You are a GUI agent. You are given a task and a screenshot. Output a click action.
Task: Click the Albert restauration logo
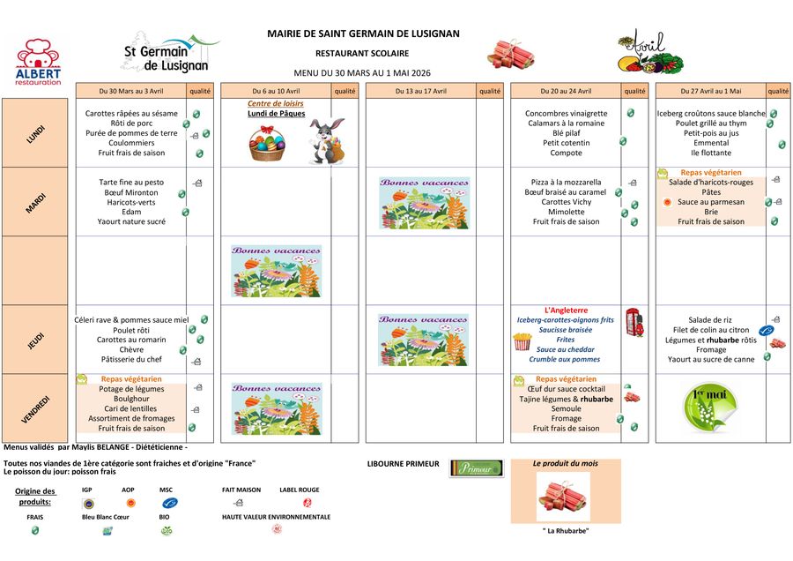click(38, 62)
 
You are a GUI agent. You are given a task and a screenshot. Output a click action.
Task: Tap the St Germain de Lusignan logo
click(167, 53)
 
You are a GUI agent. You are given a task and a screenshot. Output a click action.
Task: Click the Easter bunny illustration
click(325, 140)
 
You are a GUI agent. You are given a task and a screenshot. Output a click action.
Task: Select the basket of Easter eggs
click(268, 144)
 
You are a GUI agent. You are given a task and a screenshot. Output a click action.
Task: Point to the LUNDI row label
click(36, 133)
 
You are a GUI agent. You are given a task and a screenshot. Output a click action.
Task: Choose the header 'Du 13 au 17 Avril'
click(421, 91)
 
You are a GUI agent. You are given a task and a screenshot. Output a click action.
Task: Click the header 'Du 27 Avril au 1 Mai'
click(710, 91)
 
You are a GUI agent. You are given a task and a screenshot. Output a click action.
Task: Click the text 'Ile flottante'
click(710, 153)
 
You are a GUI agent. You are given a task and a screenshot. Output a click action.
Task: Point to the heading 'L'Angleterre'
click(566, 310)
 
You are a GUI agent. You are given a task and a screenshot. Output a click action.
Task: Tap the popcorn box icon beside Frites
click(522, 340)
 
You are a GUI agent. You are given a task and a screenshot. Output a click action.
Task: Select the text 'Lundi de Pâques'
click(275, 114)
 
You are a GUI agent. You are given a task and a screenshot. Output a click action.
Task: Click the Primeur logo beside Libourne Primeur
click(476, 468)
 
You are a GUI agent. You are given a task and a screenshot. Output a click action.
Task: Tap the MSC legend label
click(166, 490)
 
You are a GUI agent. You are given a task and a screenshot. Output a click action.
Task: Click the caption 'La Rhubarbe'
click(565, 531)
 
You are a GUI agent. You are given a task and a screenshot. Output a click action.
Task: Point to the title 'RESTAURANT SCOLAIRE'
click(362, 53)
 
